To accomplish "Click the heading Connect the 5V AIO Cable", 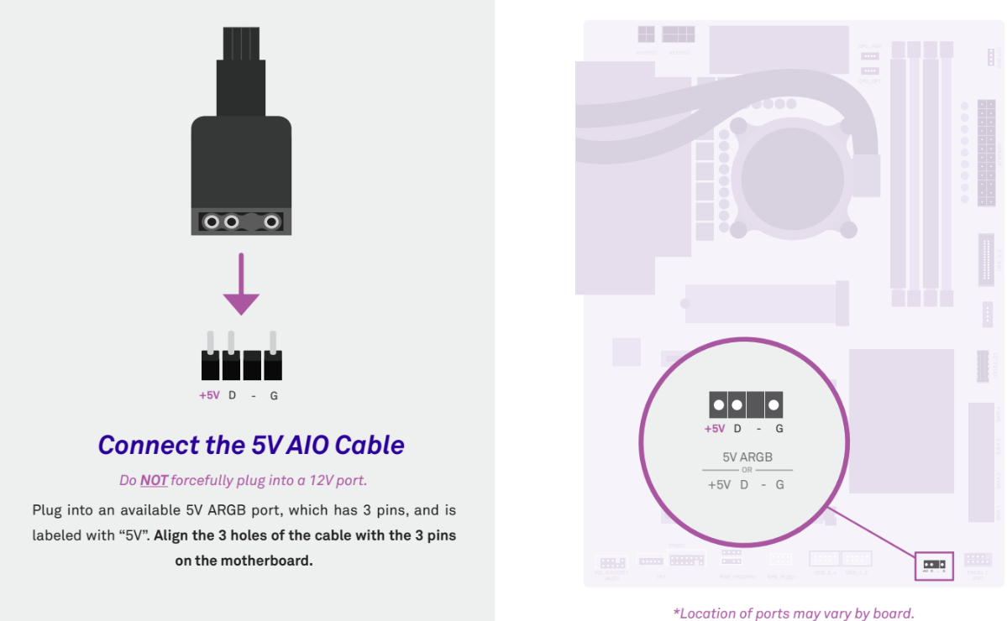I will click(x=251, y=445).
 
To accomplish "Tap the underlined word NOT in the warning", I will click(x=154, y=481).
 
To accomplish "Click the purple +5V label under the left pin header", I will click(x=209, y=395).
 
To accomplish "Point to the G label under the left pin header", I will click(x=274, y=395).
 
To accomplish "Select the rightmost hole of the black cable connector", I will click(x=271, y=222).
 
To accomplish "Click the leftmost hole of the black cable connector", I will click(x=212, y=222).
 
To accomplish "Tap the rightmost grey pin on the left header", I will click(x=273, y=342).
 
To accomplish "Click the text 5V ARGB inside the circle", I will click(x=747, y=457).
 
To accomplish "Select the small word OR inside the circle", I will click(x=747, y=470).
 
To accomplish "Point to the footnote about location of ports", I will click(x=794, y=613).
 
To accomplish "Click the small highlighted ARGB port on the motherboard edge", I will click(x=934, y=565).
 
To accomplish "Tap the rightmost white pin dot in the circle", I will click(x=774, y=405).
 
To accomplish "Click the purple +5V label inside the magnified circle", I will click(x=714, y=429).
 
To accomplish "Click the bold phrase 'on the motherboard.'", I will click(x=244, y=560).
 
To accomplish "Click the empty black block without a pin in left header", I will click(x=252, y=366).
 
